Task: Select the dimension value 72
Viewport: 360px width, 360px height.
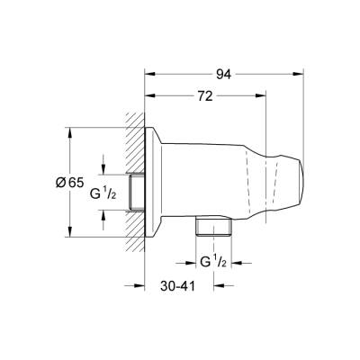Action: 206,94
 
